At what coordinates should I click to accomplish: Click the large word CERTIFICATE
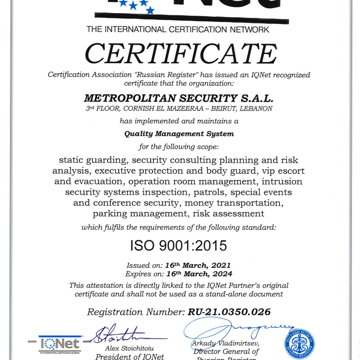tap(180, 54)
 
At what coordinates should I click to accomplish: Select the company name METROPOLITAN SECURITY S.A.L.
tap(179, 98)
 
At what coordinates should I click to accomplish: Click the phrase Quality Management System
tap(179, 134)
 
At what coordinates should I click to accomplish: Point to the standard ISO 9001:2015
tap(179, 246)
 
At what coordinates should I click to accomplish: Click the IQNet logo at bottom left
tap(60, 344)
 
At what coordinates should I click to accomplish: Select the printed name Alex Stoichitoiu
tap(130, 348)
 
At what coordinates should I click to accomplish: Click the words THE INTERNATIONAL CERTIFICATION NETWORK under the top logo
tap(178, 30)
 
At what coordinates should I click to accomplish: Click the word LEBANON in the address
tap(255, 108)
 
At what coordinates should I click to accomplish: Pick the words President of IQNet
tap(130, 356)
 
